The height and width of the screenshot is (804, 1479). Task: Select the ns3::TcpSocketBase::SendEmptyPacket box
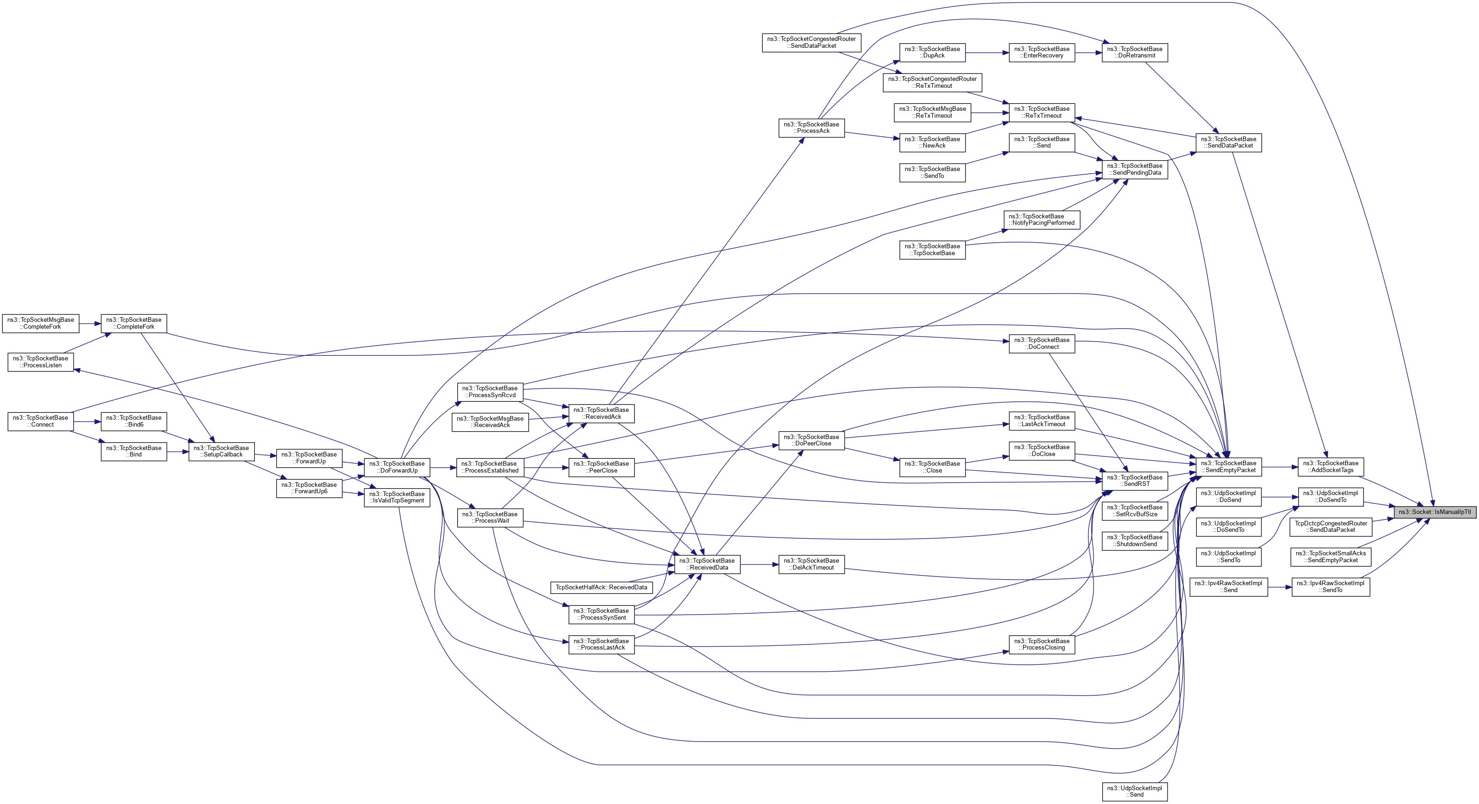(x=1228, y=467)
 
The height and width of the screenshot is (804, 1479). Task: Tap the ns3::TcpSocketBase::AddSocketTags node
(x=1330, y=467)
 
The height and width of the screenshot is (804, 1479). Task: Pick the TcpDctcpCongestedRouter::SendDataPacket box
(x=1330, y=527)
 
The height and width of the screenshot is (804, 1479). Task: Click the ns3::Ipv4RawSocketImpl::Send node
(x=1228, y=587)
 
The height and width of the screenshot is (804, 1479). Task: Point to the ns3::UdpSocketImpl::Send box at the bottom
(x=1134, y=792)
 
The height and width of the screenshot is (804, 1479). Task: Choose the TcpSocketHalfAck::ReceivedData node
(x=601, y=587)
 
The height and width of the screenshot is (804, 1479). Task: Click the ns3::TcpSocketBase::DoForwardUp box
(x=397, y=467)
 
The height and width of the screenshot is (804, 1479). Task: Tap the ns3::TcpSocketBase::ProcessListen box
(x=40, y=361)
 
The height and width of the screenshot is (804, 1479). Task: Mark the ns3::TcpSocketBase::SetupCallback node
(x=221, y=451)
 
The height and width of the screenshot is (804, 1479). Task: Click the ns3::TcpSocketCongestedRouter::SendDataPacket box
(x=811, y=42)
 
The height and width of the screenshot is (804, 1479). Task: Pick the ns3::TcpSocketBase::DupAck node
(x=932, y=52)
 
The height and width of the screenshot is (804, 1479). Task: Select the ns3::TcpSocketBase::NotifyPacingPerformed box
(x=1042, y=220)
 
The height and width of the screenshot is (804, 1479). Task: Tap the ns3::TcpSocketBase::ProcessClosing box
(x=1042, y=644)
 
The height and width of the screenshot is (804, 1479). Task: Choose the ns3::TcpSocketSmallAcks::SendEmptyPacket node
(x=1330, y=557)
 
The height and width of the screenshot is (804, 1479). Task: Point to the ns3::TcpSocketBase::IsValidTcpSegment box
(x=397, y=497)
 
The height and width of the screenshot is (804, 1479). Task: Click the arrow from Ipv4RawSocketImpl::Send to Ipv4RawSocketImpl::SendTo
(x=1279, y=587)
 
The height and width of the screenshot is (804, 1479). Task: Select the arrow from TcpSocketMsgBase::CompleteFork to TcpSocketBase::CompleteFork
(x=90, y=323)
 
